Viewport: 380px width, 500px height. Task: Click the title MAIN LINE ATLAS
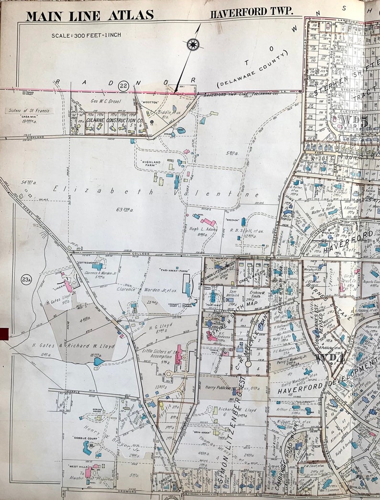pyautogui.click(x=90, y=15)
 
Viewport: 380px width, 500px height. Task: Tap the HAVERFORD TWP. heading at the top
pyautogui.click(x=251, y=13)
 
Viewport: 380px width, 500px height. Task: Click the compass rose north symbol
pyautogui.click(x=193, y=45)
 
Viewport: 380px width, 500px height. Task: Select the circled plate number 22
pyautogui.click(x=124, y=86)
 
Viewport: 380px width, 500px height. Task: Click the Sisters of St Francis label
pyautogui.click(x=31, y=111)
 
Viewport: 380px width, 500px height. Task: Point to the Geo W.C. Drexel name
pyautogui.click(x=106, y=101)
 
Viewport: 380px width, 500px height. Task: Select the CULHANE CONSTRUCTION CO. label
pyautogui.click(x=114, y=122)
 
